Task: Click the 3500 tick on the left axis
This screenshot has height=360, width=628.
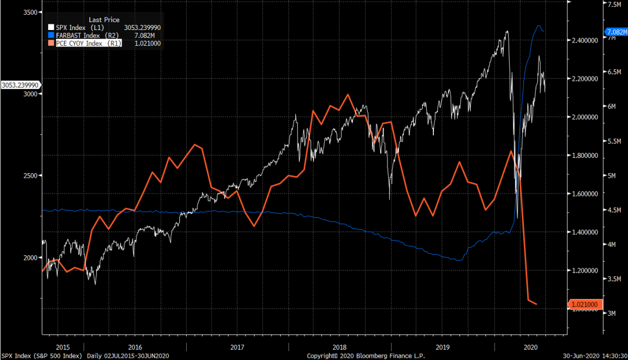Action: pyautogui.click(x=29, y=12)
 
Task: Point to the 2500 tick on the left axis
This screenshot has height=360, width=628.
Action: pyautogui.click(x=29, y=175)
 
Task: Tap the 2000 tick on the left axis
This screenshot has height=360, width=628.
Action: pyautogui.click(x=29, y=258)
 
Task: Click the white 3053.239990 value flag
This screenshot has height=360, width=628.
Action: pyautogui.click(x=19, y=85)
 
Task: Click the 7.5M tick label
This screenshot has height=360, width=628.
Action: pyautogui.click(x=614, y=4)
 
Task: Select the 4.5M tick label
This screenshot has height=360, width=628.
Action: pyautogui.click(x=614, y=210)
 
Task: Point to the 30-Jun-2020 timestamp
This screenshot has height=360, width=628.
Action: pyautogui.click(x=595, y=355)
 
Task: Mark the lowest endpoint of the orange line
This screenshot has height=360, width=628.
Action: pyautogui.click(x=536, y=305)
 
